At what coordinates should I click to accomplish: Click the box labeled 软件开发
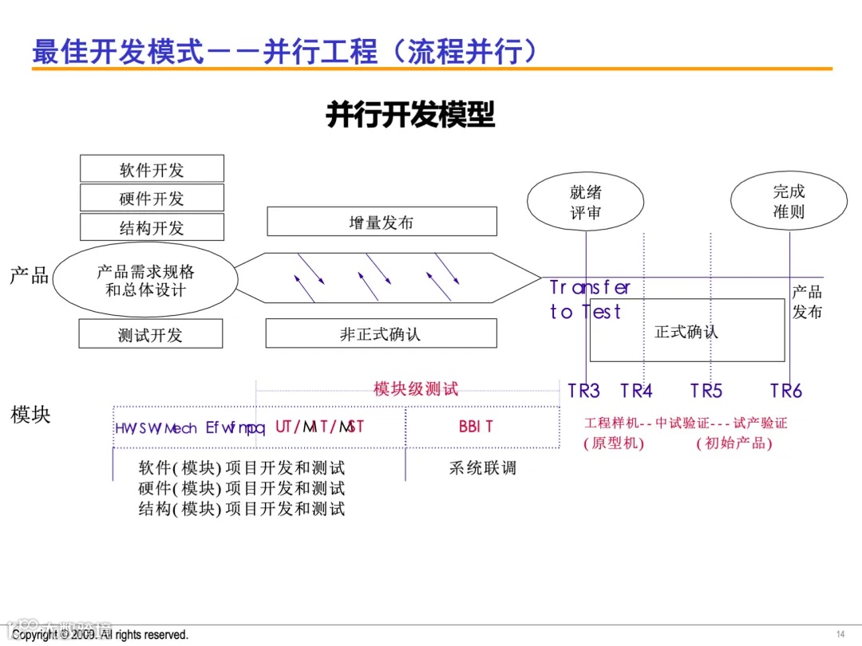152,169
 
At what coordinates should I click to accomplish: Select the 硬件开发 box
152,198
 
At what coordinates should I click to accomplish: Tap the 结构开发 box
152,227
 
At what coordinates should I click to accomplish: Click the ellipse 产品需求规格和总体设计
145,280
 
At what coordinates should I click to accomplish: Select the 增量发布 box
382,222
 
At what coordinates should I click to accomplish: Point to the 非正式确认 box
381,333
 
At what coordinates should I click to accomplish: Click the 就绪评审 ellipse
586,202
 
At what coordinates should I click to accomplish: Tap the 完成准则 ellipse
789,201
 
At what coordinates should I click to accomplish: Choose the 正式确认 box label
686,331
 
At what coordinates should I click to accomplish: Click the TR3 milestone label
583,391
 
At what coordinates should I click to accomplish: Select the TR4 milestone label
636,391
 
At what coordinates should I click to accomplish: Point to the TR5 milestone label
706,391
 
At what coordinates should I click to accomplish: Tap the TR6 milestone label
786,391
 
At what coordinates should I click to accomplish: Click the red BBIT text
476,427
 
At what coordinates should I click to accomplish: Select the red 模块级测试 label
416,389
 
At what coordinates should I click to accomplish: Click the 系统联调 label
483,467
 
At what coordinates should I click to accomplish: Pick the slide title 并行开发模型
410,115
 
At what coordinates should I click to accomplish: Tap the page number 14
840,634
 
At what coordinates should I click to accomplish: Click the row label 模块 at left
30,415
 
